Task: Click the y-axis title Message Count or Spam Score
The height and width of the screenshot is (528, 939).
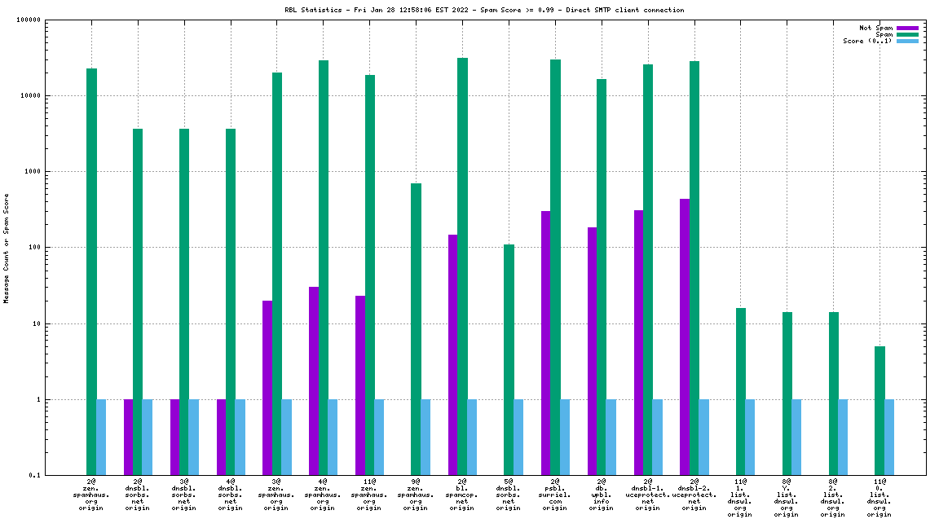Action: click(x=7, y=248)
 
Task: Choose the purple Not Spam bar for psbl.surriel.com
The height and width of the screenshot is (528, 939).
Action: click(x=545, y=343)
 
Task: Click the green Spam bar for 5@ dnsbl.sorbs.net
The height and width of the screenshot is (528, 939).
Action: click(x=509, y=359)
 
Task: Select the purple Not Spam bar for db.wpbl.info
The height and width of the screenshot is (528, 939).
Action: click(x=592, y=351)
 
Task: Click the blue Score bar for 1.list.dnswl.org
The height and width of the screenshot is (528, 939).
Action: click(x=750, y=438)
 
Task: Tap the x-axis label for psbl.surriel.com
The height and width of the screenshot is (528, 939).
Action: click(x=555, y=495)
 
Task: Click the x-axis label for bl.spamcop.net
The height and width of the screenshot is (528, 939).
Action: click(x=462, y=495)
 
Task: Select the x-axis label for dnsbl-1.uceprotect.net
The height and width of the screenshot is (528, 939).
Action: click(x=648, y=495)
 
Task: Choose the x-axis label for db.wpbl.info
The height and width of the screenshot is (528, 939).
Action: click(x=602, y=495)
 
